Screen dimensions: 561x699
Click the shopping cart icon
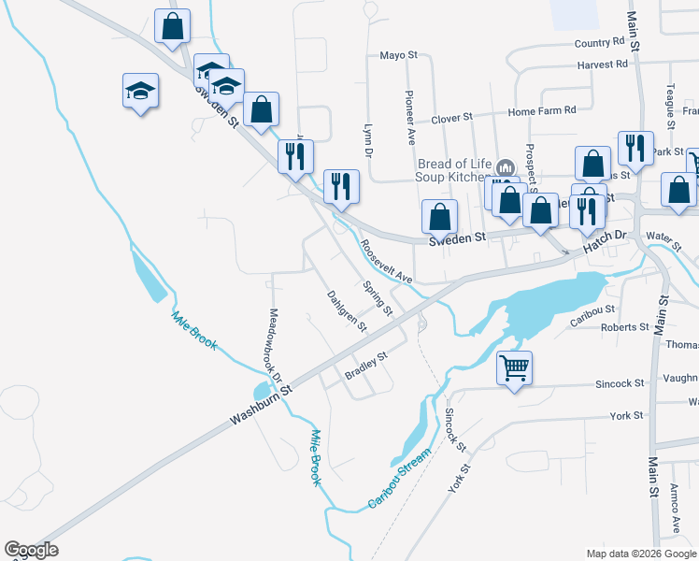coord(514,367)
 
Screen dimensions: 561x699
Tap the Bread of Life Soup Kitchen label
coord(452,170)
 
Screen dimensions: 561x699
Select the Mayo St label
coord(398,55)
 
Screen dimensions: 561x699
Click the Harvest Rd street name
coord(603,65)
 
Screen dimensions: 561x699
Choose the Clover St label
coord(451,119)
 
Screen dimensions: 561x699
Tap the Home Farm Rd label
coord(542,110)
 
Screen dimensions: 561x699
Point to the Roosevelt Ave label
coord(386,265)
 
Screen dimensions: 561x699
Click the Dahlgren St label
coord(347,311)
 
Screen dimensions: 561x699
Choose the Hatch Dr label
coord(604,243)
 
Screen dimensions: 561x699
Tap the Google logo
coord(31,550)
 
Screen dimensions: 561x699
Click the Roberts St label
coord(625,327)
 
